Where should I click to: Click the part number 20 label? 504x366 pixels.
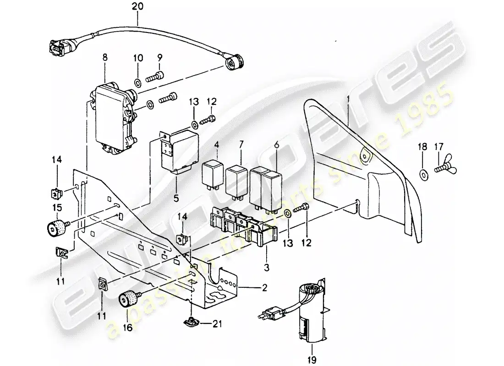tap(137, 7)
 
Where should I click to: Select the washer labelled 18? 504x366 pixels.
tap(423, 174)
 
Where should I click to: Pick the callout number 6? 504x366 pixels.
tap(276, 145)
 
